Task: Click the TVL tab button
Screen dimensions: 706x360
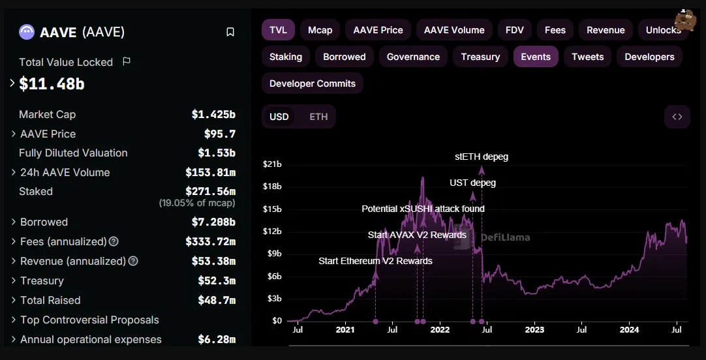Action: tap(278, 30)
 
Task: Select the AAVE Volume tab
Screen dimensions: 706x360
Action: tap(454, 30)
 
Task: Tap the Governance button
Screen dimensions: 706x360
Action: tap(413, 57)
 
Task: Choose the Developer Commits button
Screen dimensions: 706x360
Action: tap(313, 83)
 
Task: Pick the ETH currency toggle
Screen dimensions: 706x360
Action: tap(318, 117)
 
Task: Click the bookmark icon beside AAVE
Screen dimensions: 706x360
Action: tap(230, 33)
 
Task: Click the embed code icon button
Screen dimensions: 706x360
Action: tap(677, 117)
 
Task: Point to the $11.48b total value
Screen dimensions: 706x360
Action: tap(52, 83)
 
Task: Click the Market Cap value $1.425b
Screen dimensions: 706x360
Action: tap(213, 114)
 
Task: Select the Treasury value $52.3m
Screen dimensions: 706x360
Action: tap(217, 281)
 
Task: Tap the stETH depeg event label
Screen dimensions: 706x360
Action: tap(482, 157)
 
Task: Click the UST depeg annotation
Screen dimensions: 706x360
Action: tap(473, 183)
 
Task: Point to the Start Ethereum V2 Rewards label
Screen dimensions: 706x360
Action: tap(376, 261)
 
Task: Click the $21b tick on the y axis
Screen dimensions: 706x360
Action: tap(272, 165)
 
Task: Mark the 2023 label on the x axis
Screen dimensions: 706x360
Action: tap(534, 330)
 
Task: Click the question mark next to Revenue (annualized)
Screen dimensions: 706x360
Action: tap(133, 261)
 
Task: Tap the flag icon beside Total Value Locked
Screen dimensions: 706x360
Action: tap(127, 61)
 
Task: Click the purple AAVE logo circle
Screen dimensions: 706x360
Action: tap(27, 32)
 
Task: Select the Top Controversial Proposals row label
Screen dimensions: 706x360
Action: tap(89, 320)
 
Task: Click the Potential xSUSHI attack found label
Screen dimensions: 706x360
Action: tap(423, 209)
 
